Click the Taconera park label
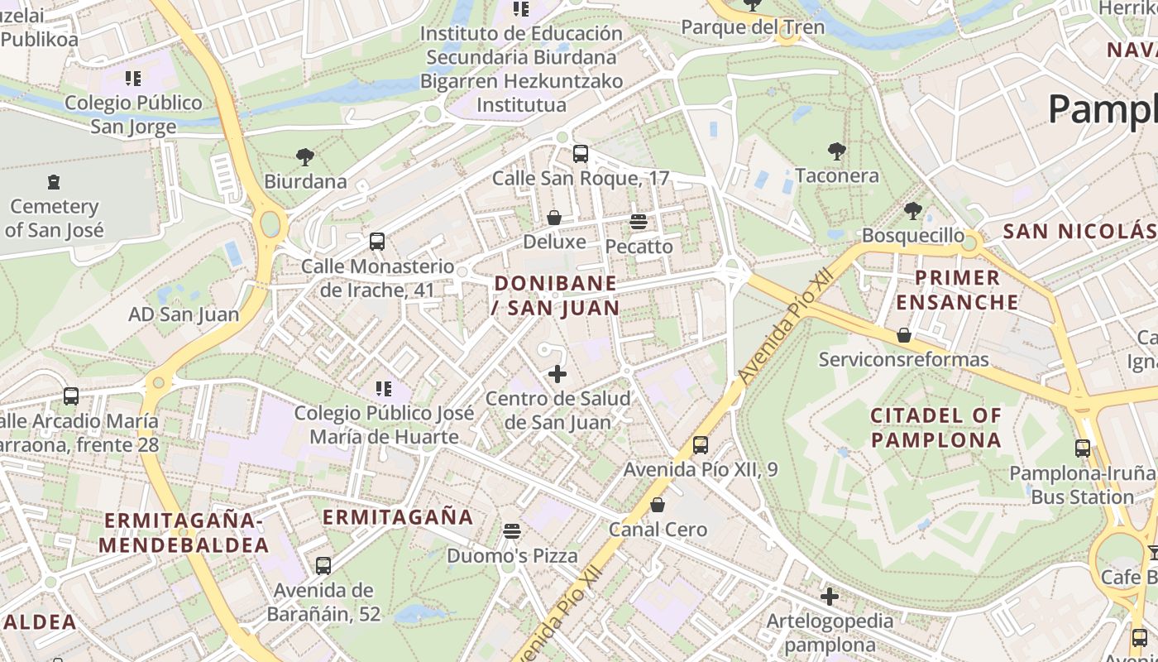click(836, 175)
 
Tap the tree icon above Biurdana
click(305, 156)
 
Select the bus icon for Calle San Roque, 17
click(581, 153)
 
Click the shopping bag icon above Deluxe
click(554, 218)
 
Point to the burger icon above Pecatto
click(638, 222)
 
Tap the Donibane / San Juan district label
click(556, 295)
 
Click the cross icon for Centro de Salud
click(557, 374)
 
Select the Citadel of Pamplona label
click(935, 427)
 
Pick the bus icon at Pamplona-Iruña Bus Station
click(1082, 449)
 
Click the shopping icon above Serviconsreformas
click(904, 335)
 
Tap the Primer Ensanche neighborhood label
click(957, 290)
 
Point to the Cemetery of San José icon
click(54, 181)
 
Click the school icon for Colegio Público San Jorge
click(132, 79)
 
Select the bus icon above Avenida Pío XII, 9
click(701, 445)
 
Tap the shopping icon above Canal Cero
click(658, 505)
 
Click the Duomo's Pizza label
click(512, 555)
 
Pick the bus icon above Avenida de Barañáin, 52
click(323, 566)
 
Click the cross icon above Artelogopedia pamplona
click(830, 597)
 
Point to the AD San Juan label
click(184, 314)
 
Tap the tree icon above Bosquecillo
click(912, 211)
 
